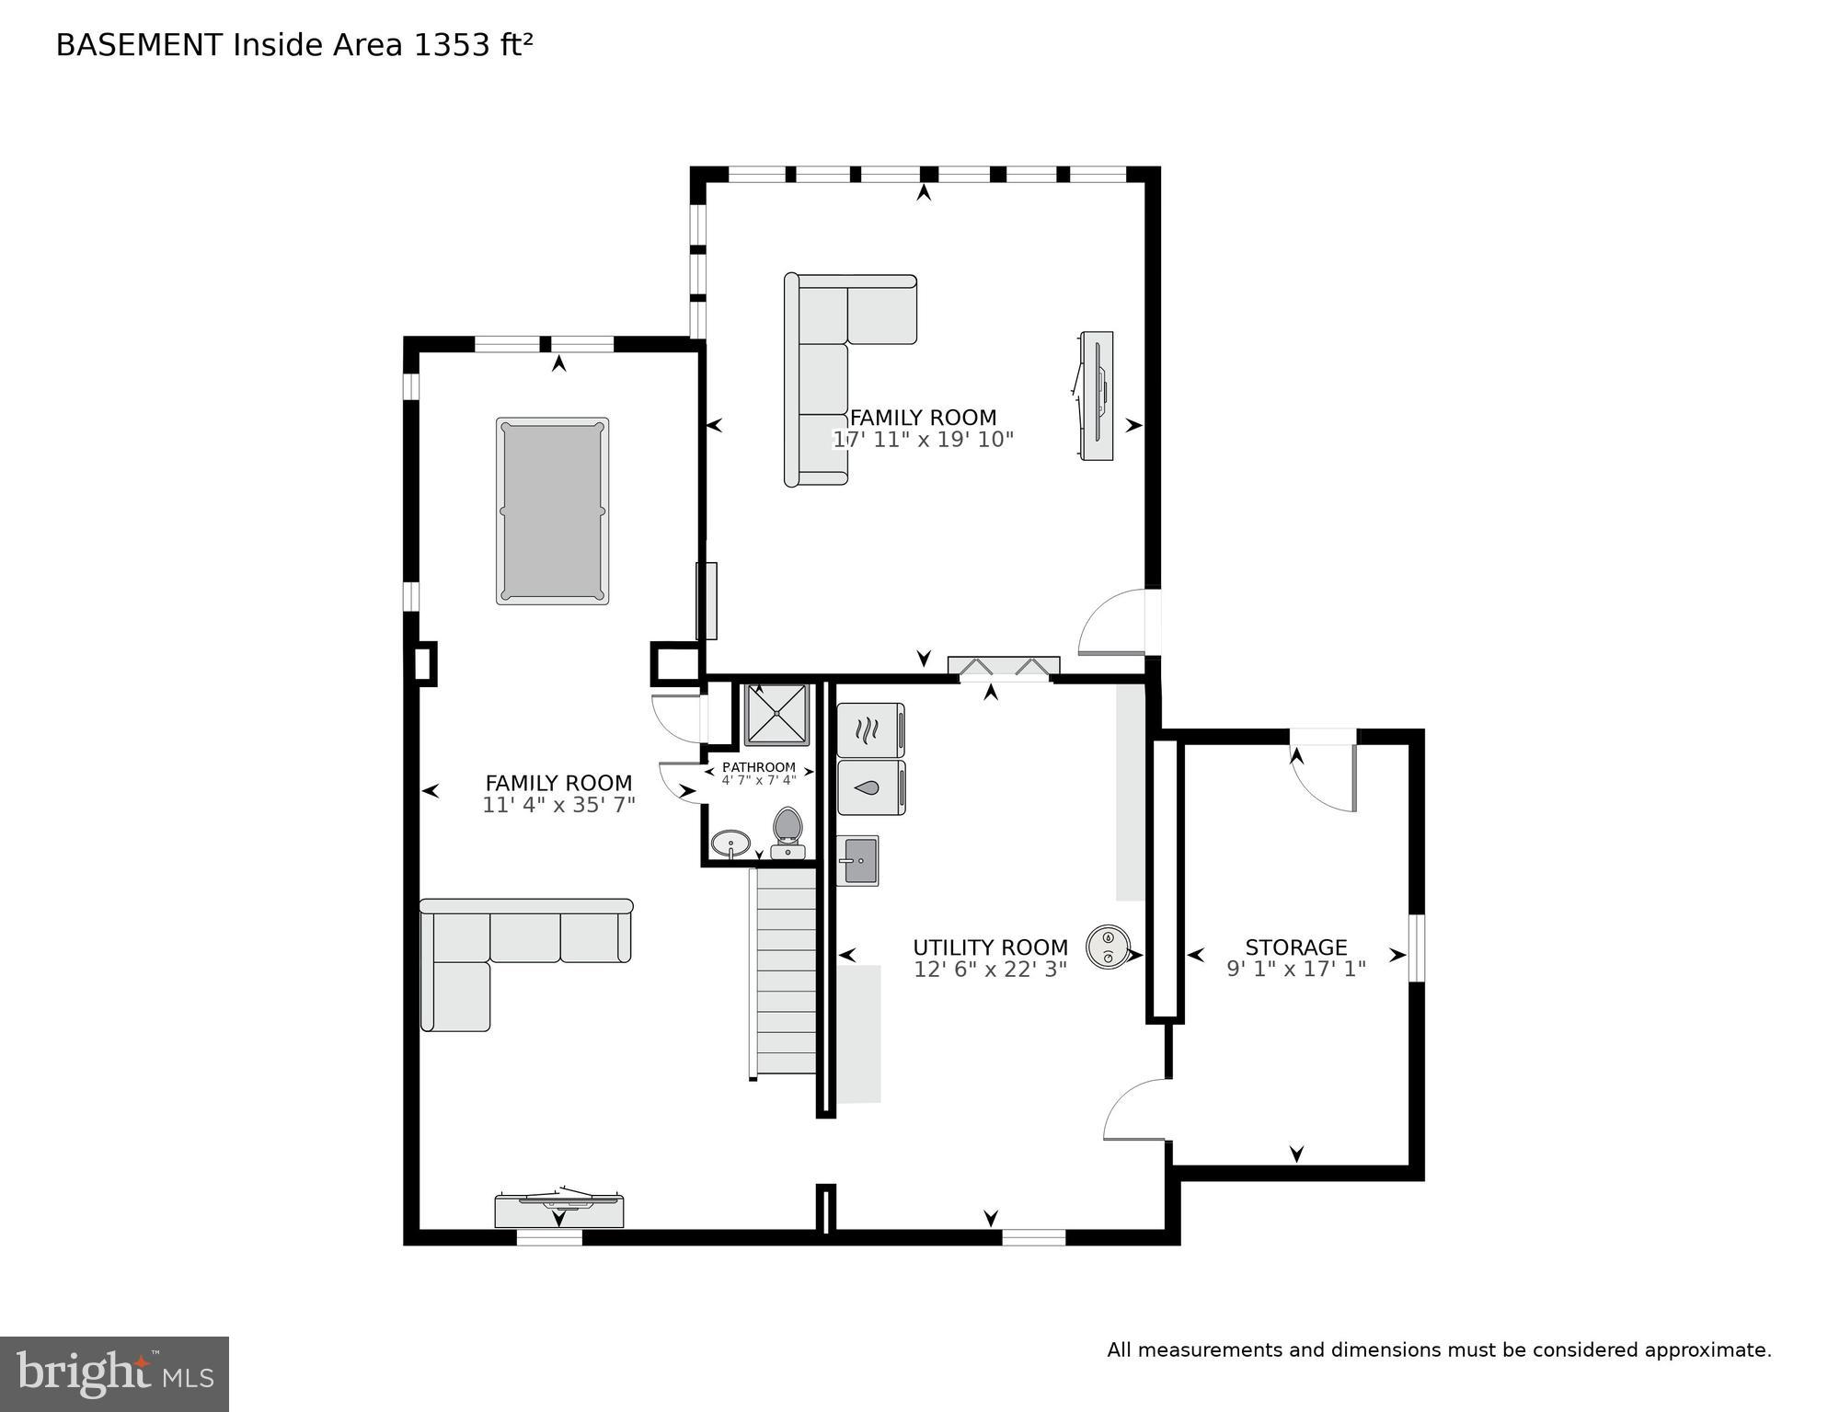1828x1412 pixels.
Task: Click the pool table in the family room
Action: [x=552, y=511]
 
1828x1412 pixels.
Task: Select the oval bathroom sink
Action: [x=730, y=843]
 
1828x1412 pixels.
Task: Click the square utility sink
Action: [x=858, y=861]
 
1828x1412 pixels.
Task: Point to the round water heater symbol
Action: [x=1108, y=947]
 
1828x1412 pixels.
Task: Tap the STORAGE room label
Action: [x=1295, y=947]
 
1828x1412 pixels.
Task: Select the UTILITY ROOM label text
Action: [x=990, y=947]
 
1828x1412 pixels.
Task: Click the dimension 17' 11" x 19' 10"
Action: [x=923, y=440]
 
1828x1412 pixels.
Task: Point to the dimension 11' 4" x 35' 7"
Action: [x=558, y=806]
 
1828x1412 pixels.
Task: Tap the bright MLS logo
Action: [x=114, y=1373]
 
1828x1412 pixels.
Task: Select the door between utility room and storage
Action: [x=1137, y=1110]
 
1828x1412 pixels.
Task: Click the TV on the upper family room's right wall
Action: [x=1097, y=396]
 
